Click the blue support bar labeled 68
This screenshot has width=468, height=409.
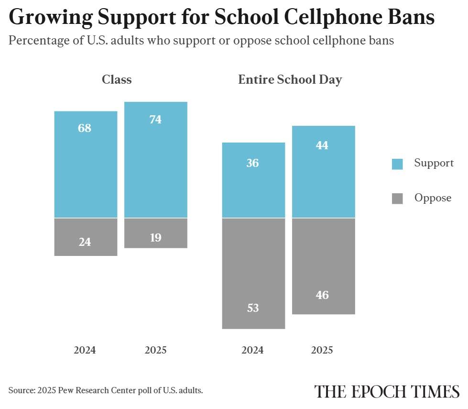pyautogui.click(x=86, y=164)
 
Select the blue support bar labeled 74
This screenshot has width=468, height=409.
pyautogui.click(x=155, y=160)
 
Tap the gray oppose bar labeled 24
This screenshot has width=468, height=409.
pyautogui.click(x=86, y=237)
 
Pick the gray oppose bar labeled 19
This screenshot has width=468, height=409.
pyautogui.click(x=155, y=233)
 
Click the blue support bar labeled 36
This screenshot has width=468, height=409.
pyautogui.click(x=253, y=180)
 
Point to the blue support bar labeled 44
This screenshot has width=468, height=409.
pyautogui.click(x=323, y=172)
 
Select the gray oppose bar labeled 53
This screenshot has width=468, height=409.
pyautogui.click(x=253, y=273)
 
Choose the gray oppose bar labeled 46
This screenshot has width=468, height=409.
pyautogui.click(x=323, y=266)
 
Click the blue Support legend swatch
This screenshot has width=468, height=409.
pyautogui.click(x=397, y=164)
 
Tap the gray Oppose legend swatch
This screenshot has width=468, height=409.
pyautogui.click(x=397, y=199)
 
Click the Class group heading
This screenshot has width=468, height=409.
pyautogui.click(x=117, y=79)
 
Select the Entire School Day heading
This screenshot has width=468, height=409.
pyautogui.click(x=290, y=79)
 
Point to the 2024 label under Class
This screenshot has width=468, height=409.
pyautogui.click(x=85, y=350)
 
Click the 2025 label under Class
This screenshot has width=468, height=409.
pyautogui.click(x=155, y=350)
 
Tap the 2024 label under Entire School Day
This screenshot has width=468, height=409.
pyautogui.click(x=252, y=350)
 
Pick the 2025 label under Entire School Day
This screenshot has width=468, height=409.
pyautogui.click(x=322, y=350)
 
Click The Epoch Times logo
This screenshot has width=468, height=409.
pyautogui.click(x=386, y=391)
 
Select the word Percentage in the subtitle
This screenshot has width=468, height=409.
pyautogui.click(x=39, y=41)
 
